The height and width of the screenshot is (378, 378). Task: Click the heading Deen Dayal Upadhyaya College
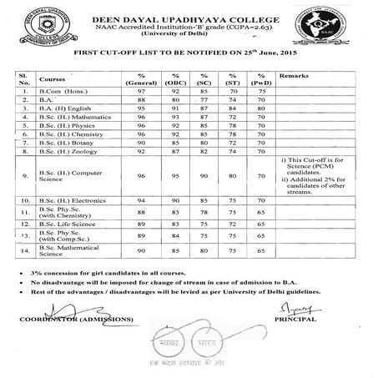pyautogui.click(x=189, y=10)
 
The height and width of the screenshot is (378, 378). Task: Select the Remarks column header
pyautogui.click(x=295, y=77)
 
